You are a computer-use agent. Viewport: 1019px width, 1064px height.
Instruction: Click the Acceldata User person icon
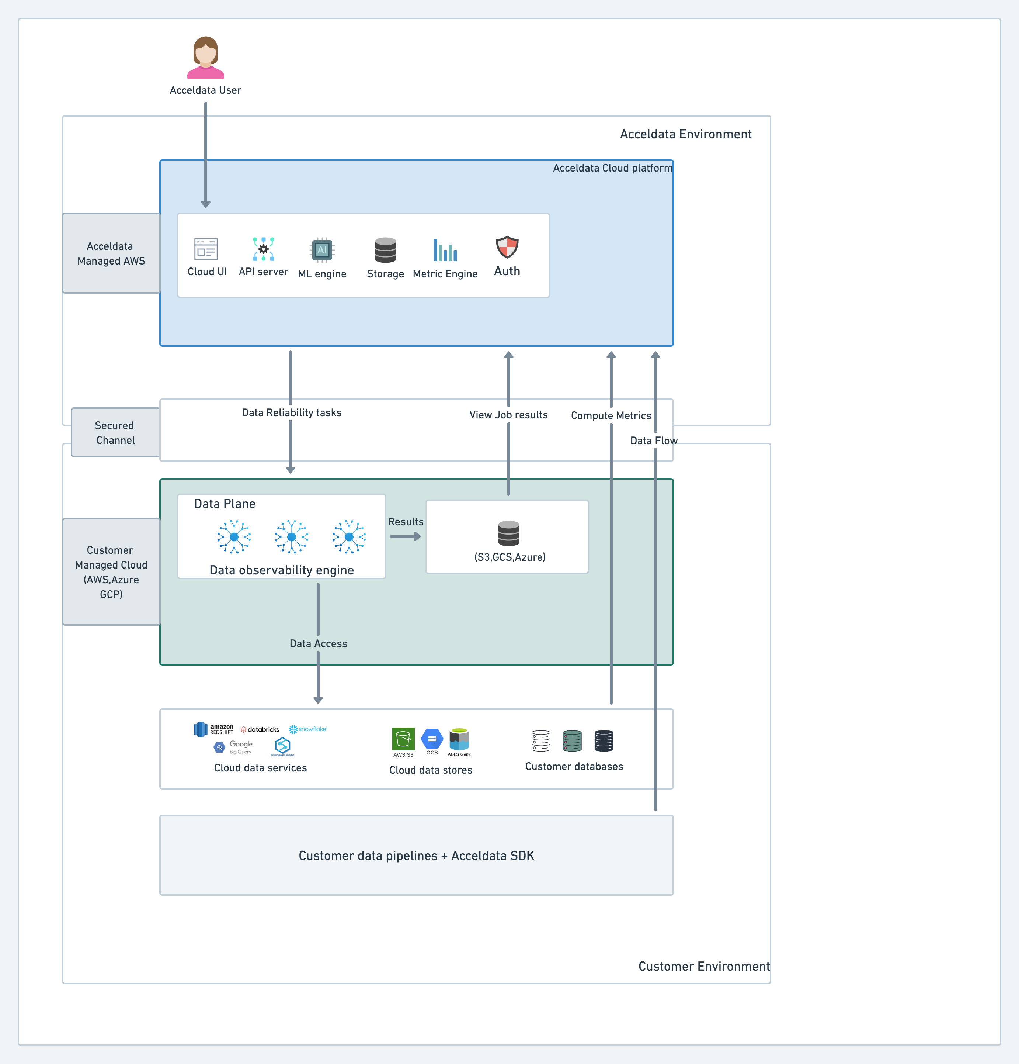[206, 58]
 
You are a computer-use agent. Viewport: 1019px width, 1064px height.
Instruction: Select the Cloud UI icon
[206, 249]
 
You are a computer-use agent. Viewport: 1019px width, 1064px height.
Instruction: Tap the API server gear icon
[263, 249]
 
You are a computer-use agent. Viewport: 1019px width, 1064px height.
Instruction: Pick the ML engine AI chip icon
[322, 250]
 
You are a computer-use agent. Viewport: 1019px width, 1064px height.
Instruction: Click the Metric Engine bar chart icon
[445, 250]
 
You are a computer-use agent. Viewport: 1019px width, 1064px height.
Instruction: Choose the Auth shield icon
[507, 247]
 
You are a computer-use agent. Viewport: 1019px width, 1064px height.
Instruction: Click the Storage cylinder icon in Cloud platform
[385, 250]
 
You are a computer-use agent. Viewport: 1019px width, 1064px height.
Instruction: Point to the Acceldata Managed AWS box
[111, 253]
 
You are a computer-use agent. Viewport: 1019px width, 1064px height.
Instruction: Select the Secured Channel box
[115, 433]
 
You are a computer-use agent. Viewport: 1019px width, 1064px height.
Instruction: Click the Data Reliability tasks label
[291, 412]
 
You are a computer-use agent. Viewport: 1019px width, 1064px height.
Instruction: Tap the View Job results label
[508, 415]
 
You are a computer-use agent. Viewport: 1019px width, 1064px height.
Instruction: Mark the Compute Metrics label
[611, 415]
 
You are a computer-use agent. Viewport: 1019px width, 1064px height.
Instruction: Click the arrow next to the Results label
[405, 536]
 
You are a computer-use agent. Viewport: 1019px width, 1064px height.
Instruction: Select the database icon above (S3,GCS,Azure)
[508, 533]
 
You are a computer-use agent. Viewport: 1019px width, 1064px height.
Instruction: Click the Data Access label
[318, 643]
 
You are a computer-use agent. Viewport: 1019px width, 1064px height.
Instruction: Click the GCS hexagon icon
[432, 738]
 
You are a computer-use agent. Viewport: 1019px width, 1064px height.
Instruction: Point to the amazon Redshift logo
[213, 729]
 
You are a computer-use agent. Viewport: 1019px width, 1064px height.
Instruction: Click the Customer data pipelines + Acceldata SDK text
[416, 856]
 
